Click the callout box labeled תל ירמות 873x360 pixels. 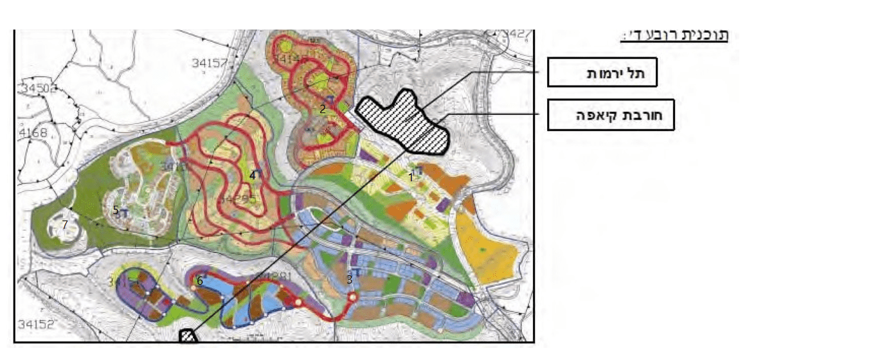[602, 72]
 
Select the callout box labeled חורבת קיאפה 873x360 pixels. [610, 115]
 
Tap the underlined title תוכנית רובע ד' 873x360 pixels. [674, 35]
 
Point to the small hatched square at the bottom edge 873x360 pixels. [188, 336]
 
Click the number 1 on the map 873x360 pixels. [410, 175]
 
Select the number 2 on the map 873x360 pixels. [323, 109]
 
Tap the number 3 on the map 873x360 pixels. [349, 279]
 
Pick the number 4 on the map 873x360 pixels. [253, 174]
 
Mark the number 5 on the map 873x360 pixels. [116, 210]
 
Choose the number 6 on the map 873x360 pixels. [200, 280]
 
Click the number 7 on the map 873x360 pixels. [65, 224]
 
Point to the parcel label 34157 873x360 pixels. [210, 63]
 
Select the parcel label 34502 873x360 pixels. [37, 87]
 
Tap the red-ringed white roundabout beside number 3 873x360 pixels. [352, 297]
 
